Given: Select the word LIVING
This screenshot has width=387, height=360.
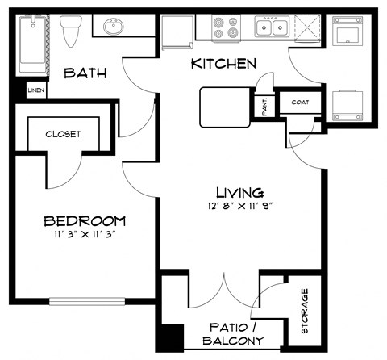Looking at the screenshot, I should click(x=239, y=192).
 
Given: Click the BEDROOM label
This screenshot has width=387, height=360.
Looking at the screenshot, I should click(x=84, y=220).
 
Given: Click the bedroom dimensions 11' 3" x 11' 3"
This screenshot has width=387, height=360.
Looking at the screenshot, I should click(x=84, y=236).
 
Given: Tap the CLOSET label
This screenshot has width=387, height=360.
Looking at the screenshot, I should click(x=62, y=134).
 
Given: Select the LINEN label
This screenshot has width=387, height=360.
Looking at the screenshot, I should click(x=36, y=90).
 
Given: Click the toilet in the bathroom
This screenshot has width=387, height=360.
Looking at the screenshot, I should click(x=70, y=31).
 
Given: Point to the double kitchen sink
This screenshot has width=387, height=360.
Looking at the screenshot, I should click(x=273, y=28).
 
